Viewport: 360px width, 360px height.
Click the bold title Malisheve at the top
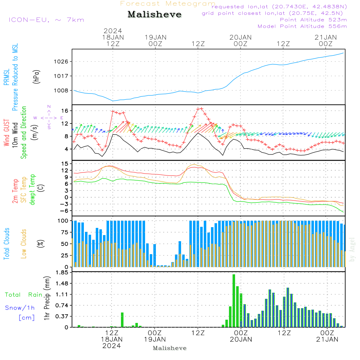pyautogui.click(x=154, y=15)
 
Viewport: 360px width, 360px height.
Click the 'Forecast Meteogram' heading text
pyautogui.click(x=168, y=4)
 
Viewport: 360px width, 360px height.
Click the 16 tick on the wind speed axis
pyautogui.click(x=65, y=111)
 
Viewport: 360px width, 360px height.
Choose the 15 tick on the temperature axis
pyautogui.click(x=65, y=164)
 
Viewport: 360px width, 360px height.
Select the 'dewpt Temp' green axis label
pyautogui.click(x=32, y=189)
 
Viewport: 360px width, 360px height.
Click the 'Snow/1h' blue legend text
pyautogui.click(x=20, y=308)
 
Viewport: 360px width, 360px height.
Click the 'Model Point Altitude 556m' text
pyautogui.click(x=302, y=26)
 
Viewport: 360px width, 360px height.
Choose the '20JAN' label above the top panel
pyautogui.click(x=240, y=37)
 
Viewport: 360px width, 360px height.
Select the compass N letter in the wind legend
pyautogui.click(x=49, y=107)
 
